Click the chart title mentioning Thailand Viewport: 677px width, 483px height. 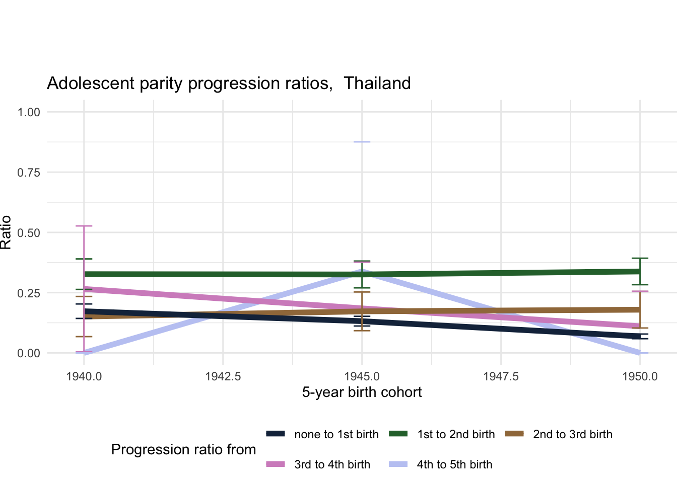click(x=229, y=83)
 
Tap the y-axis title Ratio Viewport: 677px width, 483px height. click(x=6, y=232)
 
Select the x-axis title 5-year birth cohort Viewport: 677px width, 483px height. click(x=362, y=392)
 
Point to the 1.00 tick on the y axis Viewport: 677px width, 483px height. click(x=29, y=112)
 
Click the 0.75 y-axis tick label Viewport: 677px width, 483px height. click(x=29, y=173)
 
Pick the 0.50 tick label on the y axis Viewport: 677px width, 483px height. click(x=29, y=233)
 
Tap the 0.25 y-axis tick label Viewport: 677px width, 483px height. click(x=29, y=293)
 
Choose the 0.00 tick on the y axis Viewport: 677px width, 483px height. click(x=29, y=353)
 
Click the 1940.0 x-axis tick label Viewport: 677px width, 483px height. click(x=84, y=376)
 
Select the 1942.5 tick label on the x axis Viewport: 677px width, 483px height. click(x=223, y=376)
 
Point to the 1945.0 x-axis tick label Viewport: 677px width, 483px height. click(x=362, y=376)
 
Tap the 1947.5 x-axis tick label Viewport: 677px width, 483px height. click(x=501, y=376)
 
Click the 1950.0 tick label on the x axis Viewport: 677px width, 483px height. click(x=640, y=376)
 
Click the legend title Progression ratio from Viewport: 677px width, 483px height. click(x=183, y=450)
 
